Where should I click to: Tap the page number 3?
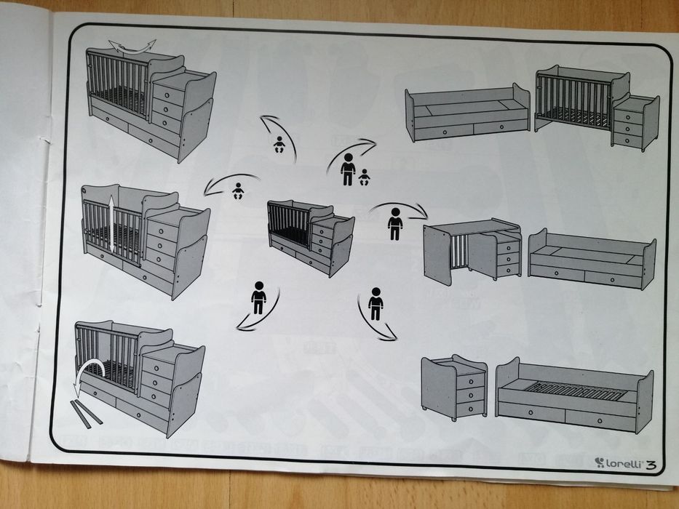(651, 465)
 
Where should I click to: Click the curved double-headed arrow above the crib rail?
(132, 47)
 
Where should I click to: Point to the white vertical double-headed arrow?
(112, 224)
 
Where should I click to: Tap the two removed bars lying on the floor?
(86, 414)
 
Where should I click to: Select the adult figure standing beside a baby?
(348, 169)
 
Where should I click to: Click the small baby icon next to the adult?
(364, 177)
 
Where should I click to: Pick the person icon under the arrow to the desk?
(395, 224)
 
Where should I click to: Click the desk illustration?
(472, 251)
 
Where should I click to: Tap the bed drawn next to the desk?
(592, 259)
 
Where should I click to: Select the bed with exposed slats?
(574, 395)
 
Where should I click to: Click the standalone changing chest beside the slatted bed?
(454, 387)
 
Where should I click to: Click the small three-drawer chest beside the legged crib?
(635, 122)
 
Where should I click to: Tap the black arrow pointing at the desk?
(398, 208)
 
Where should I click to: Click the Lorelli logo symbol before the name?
(600, 462)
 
